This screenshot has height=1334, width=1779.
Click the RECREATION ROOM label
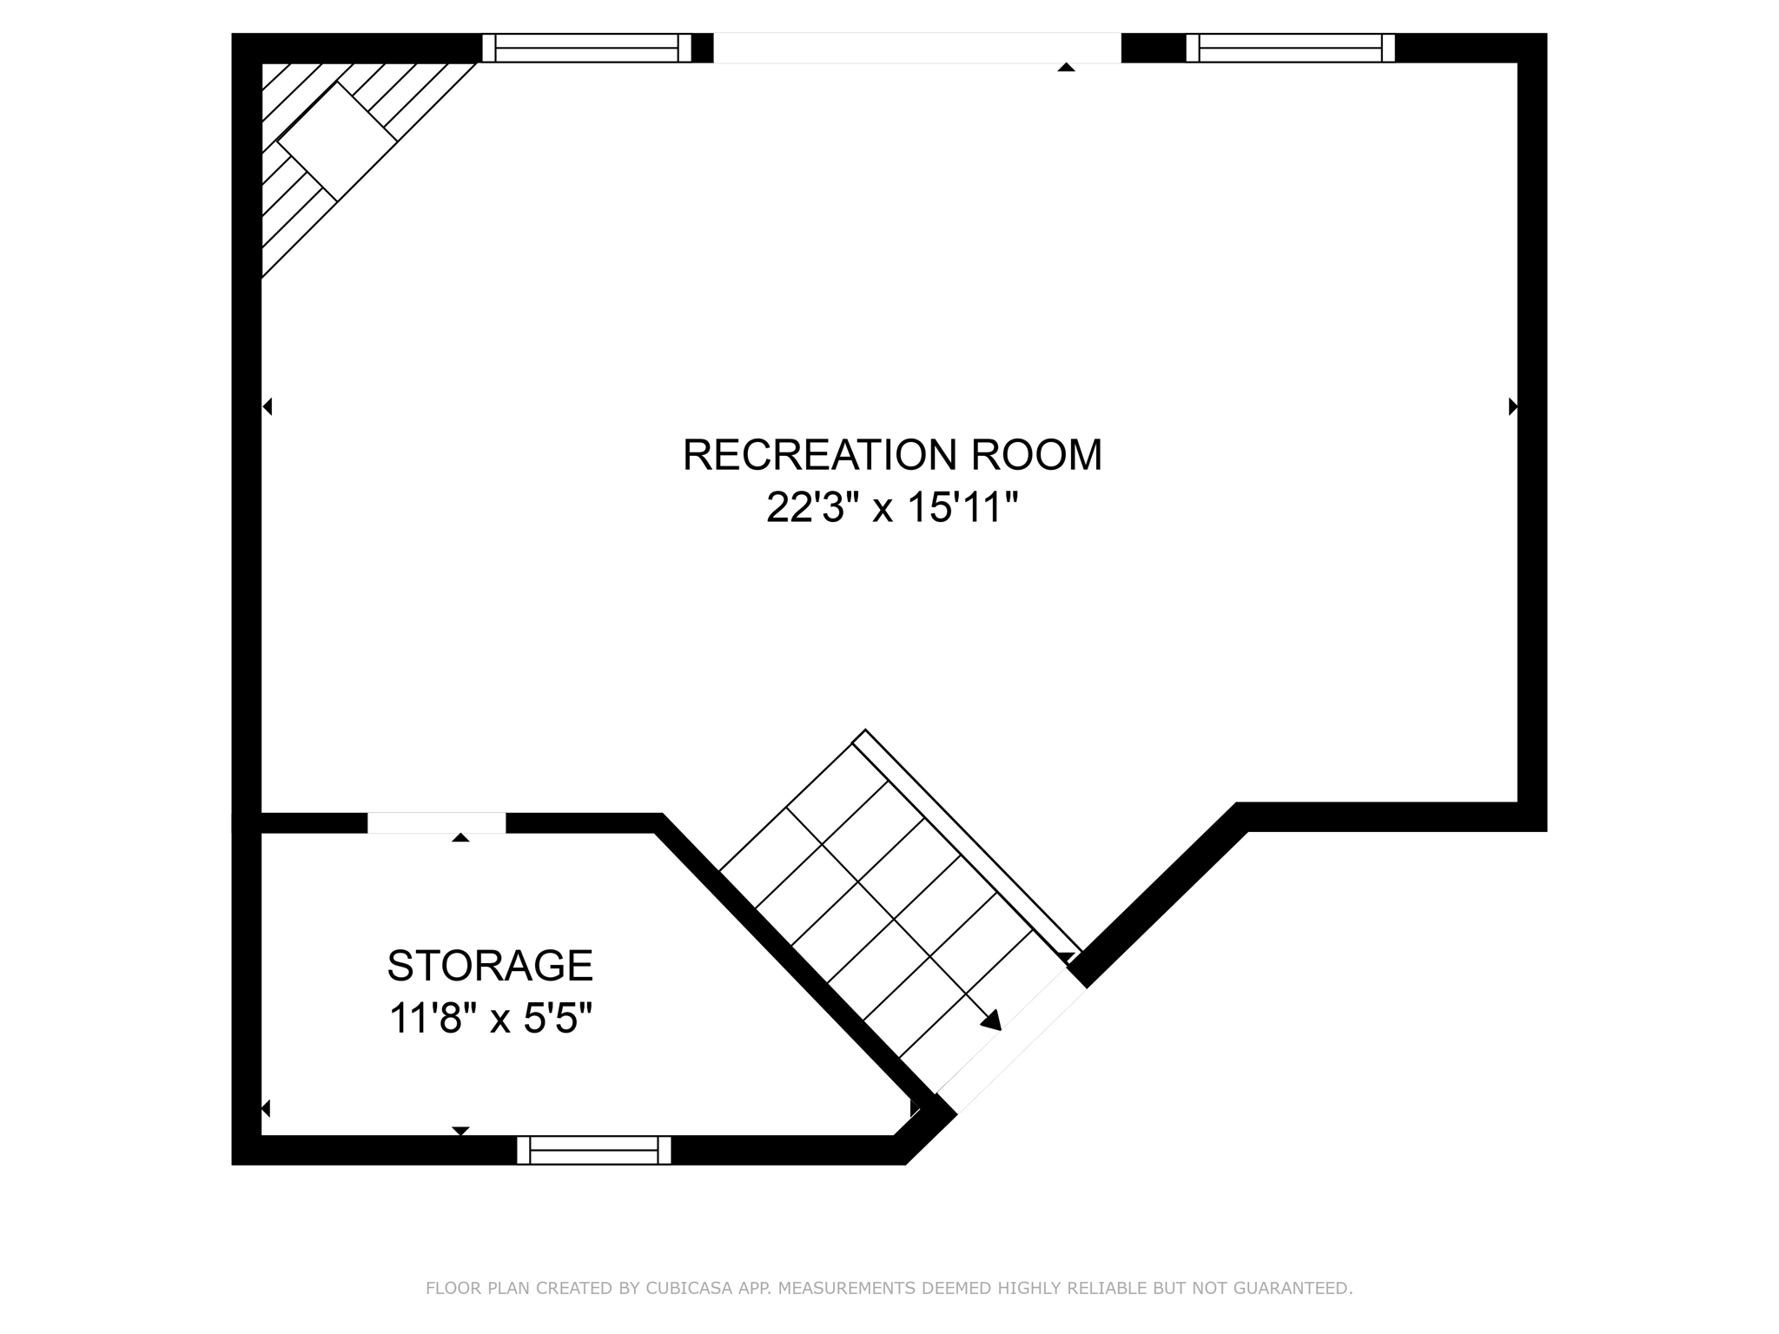pos(892,455)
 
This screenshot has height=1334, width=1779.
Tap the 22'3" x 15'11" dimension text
pos(892,507)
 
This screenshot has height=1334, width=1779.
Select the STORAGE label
pos(490,965)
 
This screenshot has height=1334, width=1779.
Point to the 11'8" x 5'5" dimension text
pos(490,1018)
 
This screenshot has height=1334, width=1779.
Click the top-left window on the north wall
pos(586,48)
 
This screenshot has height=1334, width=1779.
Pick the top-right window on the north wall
pos(1290,48)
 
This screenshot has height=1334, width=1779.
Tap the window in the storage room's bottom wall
pos(594,1150)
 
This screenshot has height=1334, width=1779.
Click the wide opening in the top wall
pos(917,48)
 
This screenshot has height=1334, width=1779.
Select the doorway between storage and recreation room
pos(436,822)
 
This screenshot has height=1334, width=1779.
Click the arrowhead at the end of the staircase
pos(992,1021)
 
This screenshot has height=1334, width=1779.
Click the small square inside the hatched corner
pos(337,142)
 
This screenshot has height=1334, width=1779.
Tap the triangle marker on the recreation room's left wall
pos(268,406)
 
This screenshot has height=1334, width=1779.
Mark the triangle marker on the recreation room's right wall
pos(1512,406)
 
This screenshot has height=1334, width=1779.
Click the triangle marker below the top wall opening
pos(1067,67)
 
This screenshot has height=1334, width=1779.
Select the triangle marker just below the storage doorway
pos(461,837)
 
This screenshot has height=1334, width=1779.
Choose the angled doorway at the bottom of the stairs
pos(1012,1040)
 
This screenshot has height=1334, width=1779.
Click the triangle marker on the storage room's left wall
pos(267,1108)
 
